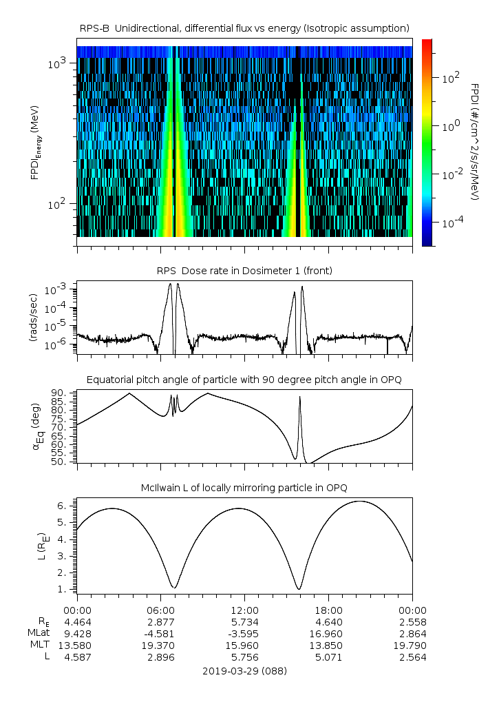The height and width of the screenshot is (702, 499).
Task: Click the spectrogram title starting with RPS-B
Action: (x=245, y=28)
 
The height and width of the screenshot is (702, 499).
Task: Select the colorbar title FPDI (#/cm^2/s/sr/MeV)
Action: (x=476, y=142)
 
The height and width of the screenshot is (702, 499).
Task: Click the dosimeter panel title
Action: (x=245, y=271)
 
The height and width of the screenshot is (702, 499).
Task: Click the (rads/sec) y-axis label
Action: (x=33, y=318)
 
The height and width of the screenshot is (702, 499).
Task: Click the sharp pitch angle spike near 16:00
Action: (x=299, y=398)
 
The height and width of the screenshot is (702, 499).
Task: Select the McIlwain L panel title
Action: (x=245, y=488)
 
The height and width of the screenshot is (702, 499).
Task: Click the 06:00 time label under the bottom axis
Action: (x=161, y=610)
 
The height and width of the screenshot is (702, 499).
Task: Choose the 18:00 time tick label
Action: (x=329, y=610)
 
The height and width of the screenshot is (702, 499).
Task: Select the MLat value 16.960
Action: (x=329, y=633)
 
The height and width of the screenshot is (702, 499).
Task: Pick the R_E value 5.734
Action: (x=245, y=621)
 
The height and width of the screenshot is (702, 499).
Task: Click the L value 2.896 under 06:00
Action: (x=161, y=657)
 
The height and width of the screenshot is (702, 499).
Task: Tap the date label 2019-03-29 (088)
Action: (x=245, y=670)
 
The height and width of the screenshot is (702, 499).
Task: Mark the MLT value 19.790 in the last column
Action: (x=412, y=645)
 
